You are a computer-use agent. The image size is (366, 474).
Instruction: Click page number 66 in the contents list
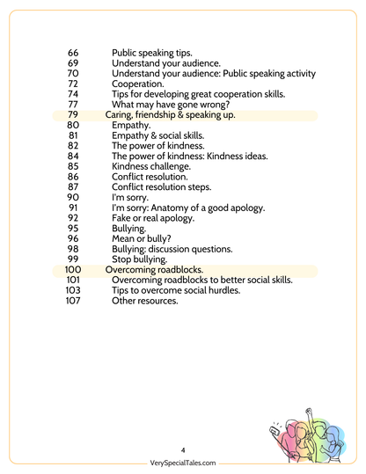(x=73, y=53)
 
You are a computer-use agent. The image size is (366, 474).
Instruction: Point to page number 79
(x=73, y=115)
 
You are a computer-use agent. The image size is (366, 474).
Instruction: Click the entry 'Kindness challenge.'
(x=151, y=165)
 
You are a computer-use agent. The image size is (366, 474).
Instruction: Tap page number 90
(x=73, y=197)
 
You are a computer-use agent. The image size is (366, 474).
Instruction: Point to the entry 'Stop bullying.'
(x=142, y=259)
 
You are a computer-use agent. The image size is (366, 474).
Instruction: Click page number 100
(x=73, y=270)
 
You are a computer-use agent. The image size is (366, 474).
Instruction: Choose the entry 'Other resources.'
(x=145, y=301)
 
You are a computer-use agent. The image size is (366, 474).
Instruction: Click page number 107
(x=73, y=301)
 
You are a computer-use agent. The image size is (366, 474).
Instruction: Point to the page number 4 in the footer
(x=183, y=448)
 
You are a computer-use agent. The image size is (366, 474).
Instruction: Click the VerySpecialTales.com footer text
(x=183, y=463)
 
